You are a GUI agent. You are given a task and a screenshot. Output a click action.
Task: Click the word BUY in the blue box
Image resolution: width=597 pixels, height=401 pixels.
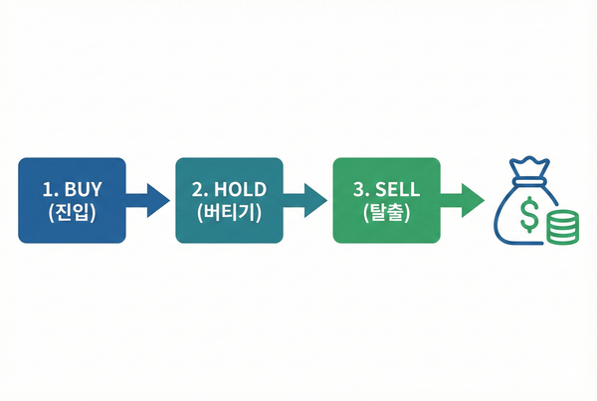[83, 189]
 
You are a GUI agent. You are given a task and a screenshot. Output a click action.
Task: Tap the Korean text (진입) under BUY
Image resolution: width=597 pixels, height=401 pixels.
[72, 213]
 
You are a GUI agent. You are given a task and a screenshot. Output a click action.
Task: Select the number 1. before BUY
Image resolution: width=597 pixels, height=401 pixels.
[50, 189]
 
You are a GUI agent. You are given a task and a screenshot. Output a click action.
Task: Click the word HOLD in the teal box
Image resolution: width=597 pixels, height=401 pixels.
[240, 189]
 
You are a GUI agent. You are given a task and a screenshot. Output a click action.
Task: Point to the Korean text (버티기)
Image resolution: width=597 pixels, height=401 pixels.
[229, 213]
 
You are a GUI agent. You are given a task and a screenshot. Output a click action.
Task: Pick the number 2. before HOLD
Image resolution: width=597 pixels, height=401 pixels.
[200, 189]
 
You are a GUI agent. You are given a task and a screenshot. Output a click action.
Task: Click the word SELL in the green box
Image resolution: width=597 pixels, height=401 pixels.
[397, 189]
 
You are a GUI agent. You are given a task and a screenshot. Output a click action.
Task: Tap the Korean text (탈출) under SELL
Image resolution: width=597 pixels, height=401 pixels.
[386, 213]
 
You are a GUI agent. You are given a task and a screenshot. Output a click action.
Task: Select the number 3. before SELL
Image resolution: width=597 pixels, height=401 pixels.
[361, 189]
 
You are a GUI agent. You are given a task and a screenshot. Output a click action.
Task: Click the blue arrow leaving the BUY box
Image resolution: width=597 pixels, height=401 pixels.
[147, 201]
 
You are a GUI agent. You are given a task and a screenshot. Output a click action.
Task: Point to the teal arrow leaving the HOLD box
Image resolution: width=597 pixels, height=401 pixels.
[305, 201]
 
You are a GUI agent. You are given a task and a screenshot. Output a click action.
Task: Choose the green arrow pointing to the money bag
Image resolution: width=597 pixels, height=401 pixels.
[463, 201]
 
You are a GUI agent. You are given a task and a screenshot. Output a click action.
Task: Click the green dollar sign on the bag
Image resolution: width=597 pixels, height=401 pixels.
[529, 214]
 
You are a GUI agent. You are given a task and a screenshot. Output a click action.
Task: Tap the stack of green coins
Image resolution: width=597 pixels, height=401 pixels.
[563, 227]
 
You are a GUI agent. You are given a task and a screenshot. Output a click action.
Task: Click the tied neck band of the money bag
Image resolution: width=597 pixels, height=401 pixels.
[530, 180]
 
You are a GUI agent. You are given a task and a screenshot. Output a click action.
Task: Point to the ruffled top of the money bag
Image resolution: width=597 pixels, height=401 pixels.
[529, 166]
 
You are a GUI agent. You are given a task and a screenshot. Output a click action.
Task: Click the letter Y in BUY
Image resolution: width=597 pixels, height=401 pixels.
[96, 189]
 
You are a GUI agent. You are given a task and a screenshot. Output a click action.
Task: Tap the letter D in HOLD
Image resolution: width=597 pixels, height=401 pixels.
[260, 189]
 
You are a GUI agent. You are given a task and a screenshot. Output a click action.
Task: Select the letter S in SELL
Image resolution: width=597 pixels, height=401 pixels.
[381, 189]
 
